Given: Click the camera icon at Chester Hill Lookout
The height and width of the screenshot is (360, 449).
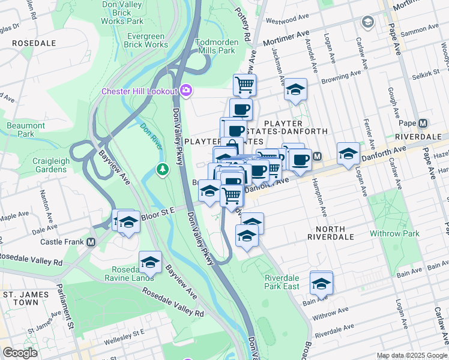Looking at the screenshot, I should [186, 91].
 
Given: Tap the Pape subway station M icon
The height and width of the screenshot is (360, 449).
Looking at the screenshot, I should [423, 123].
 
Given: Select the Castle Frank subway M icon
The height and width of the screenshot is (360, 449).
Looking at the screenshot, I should [91, 242].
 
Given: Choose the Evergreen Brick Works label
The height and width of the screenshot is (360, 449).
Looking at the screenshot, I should [147, 40].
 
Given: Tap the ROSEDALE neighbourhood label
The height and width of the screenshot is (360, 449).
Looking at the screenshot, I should [34, 43].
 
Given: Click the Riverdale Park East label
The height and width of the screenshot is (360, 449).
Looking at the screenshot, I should [282, 282].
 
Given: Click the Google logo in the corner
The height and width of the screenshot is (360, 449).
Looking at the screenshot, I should [20, 352].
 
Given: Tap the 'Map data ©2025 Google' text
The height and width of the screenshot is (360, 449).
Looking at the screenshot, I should [412, 355].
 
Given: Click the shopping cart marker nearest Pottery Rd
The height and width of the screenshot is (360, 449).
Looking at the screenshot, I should [244, 85].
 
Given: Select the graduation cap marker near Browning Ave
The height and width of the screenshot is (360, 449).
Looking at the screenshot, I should [295, 89].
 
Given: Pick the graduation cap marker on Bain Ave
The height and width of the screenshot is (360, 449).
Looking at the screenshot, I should [322, 282].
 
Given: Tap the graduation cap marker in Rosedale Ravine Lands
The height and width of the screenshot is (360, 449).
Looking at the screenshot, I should [150, 262].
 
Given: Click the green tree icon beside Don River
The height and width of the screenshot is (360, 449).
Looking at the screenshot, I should [162, 170].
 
